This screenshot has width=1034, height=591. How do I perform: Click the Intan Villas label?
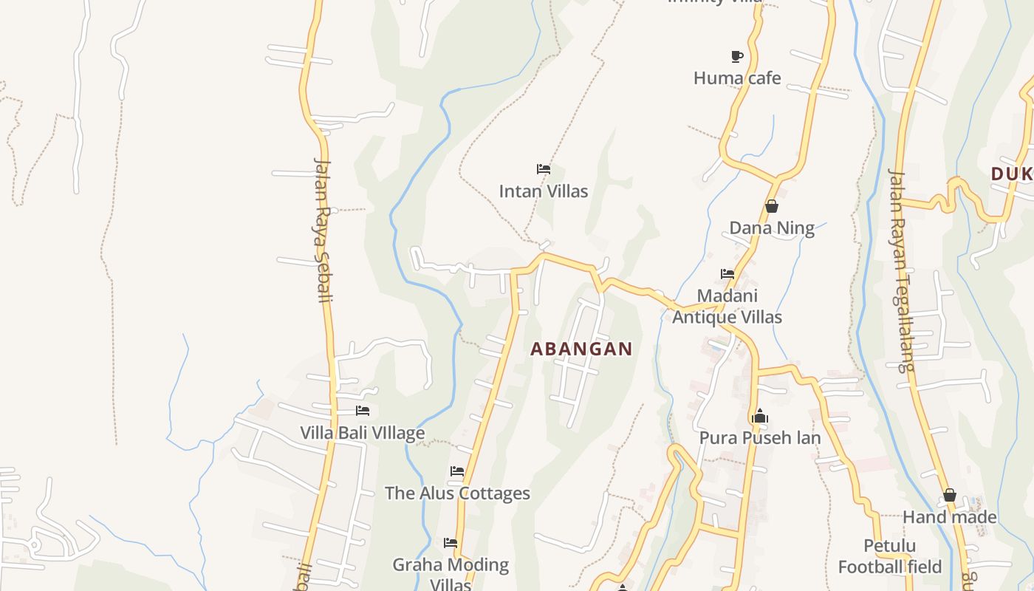pos(544,191)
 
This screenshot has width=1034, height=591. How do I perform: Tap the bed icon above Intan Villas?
pos(544,169)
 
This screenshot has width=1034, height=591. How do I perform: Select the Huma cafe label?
pos(736,78)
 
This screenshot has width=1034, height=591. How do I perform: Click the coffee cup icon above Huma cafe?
pos(736,56)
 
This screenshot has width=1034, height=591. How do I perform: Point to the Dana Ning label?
pos(772,228)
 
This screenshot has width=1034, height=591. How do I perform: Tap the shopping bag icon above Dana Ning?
pos(772,206)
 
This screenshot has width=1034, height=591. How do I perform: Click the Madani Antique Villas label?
pos(727,307)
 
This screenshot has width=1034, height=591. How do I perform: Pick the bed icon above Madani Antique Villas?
pos(727,274)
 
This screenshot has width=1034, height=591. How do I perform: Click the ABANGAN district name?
pos(581,349)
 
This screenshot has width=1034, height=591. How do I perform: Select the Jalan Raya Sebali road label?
pos(323,230)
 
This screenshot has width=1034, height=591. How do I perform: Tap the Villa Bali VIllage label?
pos(362,433)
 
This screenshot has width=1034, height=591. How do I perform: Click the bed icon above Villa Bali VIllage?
pos(362,411)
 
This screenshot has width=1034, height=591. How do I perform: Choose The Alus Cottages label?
pos(457,493)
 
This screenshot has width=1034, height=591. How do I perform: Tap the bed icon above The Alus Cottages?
pos(457,471)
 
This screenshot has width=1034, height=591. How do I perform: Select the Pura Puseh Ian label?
pos(760,438)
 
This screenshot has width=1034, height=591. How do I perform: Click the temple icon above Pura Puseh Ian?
pos(760,417)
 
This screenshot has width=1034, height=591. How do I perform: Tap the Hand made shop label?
pos(949,517)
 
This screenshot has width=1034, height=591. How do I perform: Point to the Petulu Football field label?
pos(890,556)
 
